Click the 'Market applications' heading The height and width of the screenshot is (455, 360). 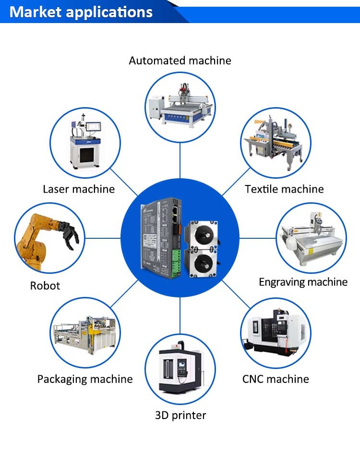pos(81,12)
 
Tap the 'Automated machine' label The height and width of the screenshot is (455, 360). pos(180,61)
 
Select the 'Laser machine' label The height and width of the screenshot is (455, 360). pos(79,189)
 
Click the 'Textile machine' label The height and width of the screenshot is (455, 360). pos(284,189)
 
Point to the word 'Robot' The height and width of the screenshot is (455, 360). pos(45,286)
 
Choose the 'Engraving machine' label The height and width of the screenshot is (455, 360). pos(303,282)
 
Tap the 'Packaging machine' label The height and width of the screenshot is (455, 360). pos(85,379)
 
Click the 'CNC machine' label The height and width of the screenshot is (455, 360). pos(276,379)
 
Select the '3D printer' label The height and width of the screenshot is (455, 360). pos(180,415)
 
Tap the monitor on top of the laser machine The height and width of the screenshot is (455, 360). pos(93,127)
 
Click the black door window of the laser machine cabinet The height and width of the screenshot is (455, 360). pos(87,155)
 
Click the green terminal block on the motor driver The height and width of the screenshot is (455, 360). pos(176,263)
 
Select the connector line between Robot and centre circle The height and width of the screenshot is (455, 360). pos(103,238)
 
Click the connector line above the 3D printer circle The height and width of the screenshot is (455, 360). pos(180,316)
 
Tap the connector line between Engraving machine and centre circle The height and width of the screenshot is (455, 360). pos(257,238)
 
